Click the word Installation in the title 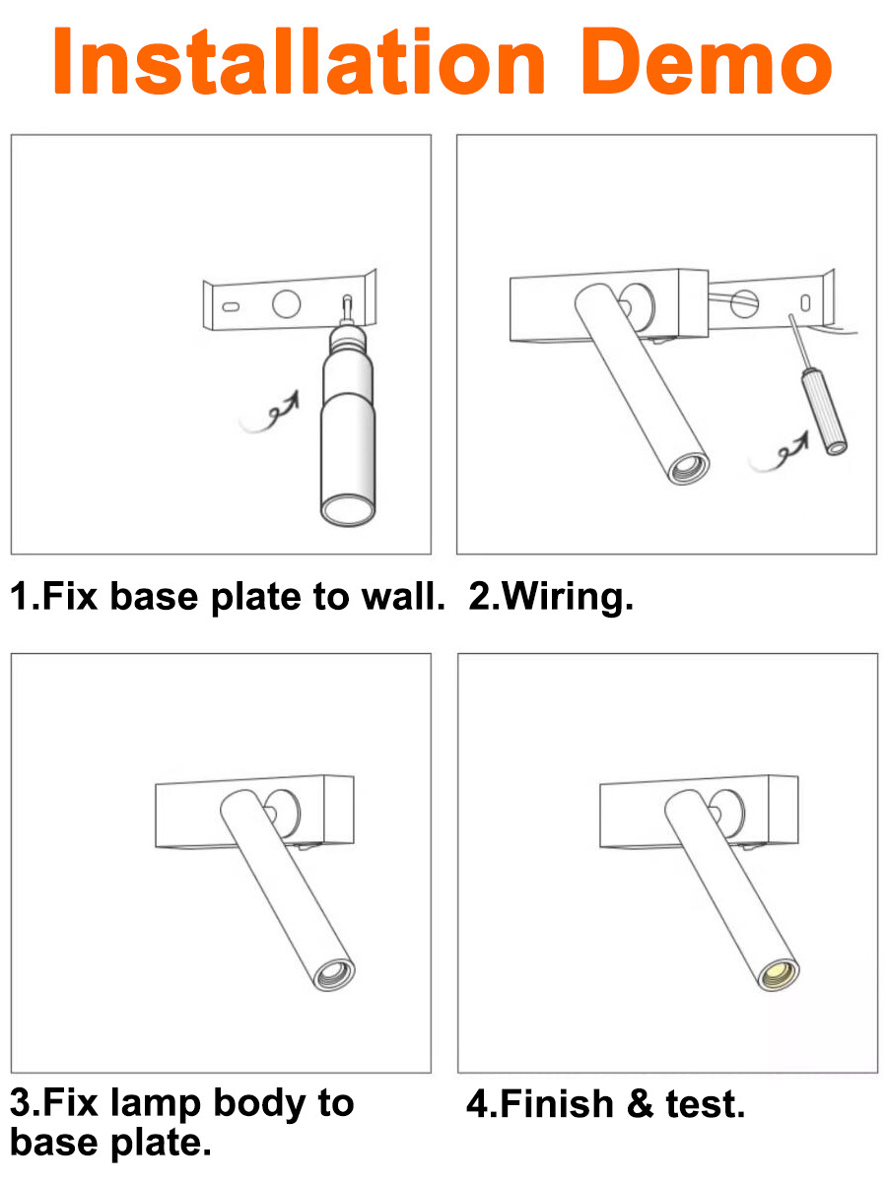pos(299,61)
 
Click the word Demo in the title pos(706,61)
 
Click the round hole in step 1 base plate pos(286,303)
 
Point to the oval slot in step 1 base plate pos(231,307)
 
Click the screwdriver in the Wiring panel pos(819,385)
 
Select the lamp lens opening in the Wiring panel pos(689,467)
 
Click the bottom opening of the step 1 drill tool pos(347,509)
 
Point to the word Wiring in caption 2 pos(567,597)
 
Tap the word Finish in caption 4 pos(558,1103)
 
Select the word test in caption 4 pos(706,1104)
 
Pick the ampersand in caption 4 pos(641,1103)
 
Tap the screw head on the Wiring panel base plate pos(745,303)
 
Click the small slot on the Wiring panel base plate pos(805,302)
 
